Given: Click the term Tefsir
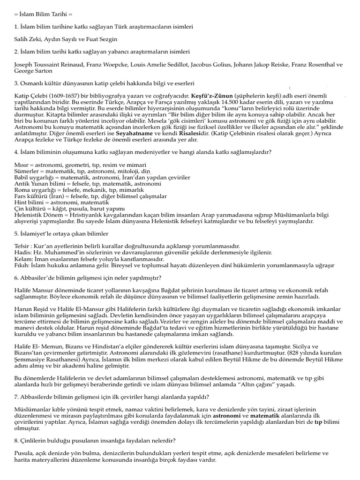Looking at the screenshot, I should tap(23, 246).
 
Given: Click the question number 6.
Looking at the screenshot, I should tap(16, 277).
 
